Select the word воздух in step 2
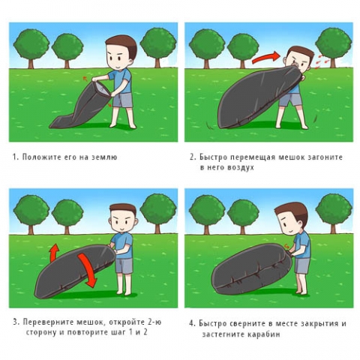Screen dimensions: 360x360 [241, 167]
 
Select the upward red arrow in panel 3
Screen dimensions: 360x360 [54, 253]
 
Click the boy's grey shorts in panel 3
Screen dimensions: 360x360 [124, 265]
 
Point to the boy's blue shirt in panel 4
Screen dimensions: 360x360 [301, 245]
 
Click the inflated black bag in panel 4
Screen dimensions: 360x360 [251, 270]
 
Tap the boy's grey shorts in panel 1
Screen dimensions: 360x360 [122, 100]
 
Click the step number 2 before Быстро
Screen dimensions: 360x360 [192, 157]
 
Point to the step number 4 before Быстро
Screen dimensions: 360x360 [191, 323]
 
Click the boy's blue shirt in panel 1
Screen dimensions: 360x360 [121, 80]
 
